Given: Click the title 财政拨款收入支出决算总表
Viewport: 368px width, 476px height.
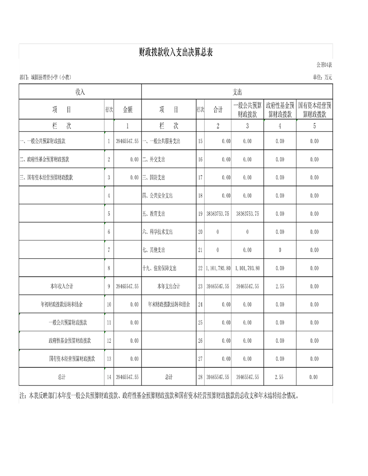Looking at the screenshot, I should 175,52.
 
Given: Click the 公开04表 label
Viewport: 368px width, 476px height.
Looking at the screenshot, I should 324,64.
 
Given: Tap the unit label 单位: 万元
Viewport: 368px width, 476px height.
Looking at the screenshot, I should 322,77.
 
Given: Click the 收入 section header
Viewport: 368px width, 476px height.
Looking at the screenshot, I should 80,92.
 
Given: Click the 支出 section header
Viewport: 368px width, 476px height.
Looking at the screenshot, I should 237,92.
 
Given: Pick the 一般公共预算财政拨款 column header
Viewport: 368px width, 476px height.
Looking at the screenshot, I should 247,110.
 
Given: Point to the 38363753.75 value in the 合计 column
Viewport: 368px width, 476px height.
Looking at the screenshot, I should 218,214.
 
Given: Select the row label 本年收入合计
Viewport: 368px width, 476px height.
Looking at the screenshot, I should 61,286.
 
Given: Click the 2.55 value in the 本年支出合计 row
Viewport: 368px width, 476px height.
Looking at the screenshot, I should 280,286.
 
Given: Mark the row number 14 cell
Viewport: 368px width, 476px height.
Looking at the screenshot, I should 109,377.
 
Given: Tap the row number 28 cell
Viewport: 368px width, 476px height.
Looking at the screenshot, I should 200,377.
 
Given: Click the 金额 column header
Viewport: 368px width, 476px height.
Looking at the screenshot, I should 128,110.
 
